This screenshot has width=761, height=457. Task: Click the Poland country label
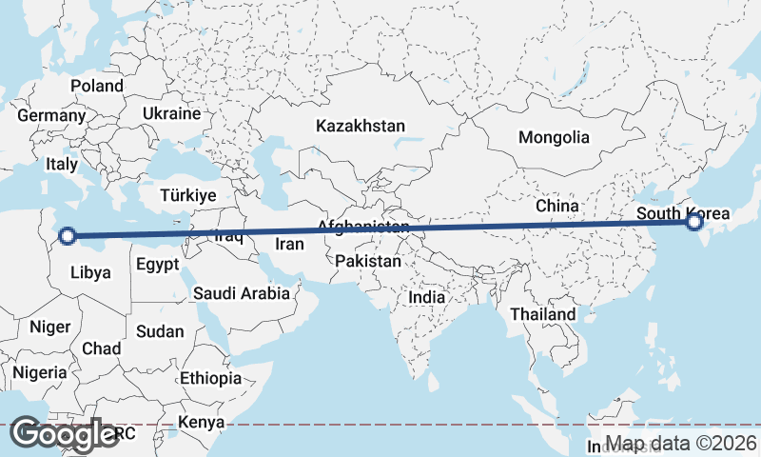[97, 86]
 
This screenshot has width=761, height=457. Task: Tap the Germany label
[51, 115]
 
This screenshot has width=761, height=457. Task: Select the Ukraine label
[171, 113]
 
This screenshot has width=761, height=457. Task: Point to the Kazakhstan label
[361, 126]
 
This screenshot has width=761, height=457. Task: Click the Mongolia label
[554, 137]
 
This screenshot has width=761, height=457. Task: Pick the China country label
[556, 206]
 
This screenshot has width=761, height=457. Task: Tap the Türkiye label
[188, 194]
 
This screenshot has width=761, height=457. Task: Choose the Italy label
[62, 164]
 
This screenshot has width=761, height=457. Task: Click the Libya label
[91, 272]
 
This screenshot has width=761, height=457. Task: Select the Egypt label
[157, 265]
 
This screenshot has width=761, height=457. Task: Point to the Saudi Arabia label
[241, 293]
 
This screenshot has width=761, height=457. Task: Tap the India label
[426, 297]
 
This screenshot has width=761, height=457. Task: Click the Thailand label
[542, 314]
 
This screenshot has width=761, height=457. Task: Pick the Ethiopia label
[210, 378]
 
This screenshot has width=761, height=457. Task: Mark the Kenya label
[202, 422]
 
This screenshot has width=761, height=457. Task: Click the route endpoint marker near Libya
[68, 235]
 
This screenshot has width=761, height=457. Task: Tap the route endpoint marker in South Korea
[694, 222]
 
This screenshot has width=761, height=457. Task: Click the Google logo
[65, 434]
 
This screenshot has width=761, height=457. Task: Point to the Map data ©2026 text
[681, 444]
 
